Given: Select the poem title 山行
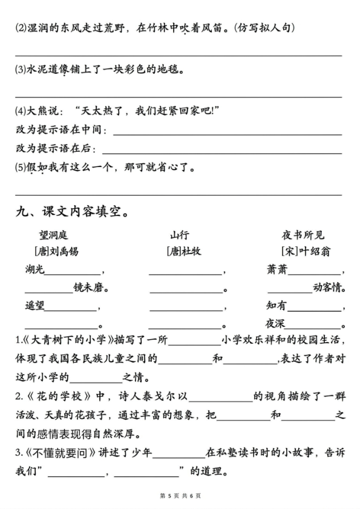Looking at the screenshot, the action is (x=180, y=235).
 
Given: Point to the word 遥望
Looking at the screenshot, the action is (x=35, y=306).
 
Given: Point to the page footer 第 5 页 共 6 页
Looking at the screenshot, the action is (x=180, y=496).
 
